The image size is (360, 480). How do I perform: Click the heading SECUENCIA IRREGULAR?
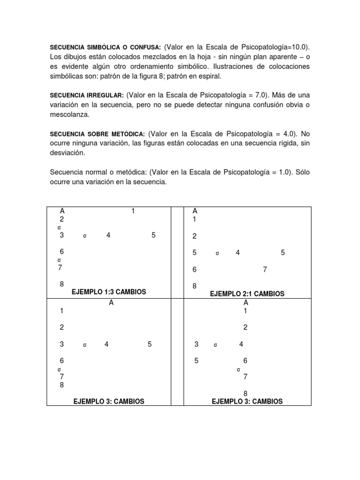(x=87, y=95)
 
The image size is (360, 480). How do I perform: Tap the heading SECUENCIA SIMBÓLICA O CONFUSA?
(x=105, y=47)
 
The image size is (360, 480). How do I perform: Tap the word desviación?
(x=68, y=153)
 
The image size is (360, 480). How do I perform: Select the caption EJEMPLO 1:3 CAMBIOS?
(x=109, y=292)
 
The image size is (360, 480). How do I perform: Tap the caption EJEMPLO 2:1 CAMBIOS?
(x=247, y=294)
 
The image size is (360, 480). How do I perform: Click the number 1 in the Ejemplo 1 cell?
(x=133, y=211)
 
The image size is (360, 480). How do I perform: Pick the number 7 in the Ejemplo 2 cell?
(x=265, y=270)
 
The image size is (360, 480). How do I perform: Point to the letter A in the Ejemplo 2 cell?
(x=195, y=211)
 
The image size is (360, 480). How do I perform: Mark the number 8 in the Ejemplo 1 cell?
(x=62, y=284)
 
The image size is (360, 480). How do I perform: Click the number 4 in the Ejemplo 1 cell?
(x=108, y=236)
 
